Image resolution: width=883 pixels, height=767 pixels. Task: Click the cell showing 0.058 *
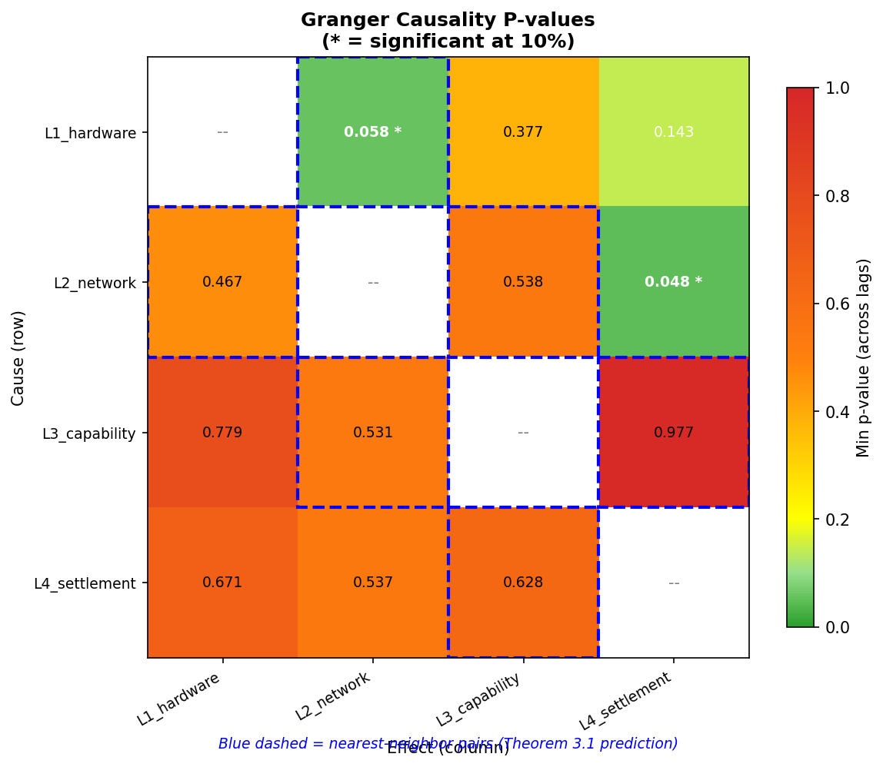tap(372, 132)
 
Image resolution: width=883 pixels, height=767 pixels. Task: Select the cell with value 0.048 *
tap(673, 282)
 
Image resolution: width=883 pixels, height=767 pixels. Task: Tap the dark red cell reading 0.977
tap(673, 433)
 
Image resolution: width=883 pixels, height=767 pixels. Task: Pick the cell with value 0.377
tap(523, 132)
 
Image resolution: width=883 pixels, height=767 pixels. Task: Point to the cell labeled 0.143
tap(673, 132)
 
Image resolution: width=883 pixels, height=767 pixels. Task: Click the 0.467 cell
tap(222, 282)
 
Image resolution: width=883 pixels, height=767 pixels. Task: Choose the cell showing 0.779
tap(222, 433)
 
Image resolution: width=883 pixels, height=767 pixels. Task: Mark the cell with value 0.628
tap(523, 583)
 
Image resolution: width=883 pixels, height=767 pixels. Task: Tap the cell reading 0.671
tap(222, 583)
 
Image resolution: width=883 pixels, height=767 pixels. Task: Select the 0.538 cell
tap(523, 282)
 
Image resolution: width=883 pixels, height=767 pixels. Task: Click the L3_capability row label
tap(89, 433)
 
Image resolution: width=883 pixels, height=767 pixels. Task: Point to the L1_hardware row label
tap(90, 133)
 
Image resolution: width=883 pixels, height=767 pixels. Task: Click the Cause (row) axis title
tap(18, 357)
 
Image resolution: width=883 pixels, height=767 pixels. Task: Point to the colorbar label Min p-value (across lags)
tap(864, 357)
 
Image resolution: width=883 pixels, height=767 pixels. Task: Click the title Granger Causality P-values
tap(448, 20)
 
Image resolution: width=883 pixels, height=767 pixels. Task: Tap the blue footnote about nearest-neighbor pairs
tap(448, 743)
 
